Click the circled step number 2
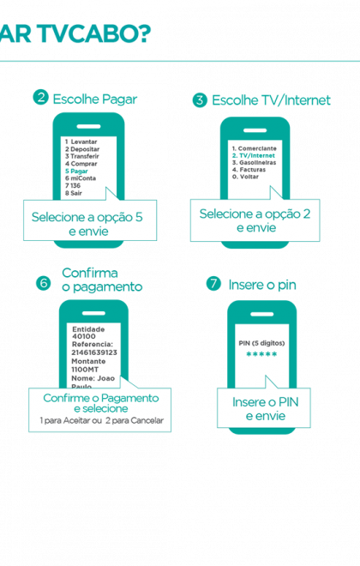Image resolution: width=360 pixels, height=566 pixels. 41,98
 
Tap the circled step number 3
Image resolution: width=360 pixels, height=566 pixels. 200,100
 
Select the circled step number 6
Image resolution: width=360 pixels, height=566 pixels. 44,283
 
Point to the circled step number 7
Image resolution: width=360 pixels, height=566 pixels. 213,284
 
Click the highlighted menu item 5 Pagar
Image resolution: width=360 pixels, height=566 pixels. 76,172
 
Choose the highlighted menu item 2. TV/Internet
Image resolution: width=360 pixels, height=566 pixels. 253,155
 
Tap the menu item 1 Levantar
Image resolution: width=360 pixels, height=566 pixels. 81,141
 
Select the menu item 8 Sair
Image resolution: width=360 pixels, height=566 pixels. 73,193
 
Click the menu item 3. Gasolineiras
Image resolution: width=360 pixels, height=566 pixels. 254,163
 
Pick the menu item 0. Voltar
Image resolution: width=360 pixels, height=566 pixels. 245,177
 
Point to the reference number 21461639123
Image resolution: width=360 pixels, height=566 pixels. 94,352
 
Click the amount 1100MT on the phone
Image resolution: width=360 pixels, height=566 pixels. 85,370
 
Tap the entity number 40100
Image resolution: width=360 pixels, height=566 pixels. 84,336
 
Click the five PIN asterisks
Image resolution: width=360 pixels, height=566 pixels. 261,354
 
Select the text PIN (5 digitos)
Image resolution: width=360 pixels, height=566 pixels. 261,343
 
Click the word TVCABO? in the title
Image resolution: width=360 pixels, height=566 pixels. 94,33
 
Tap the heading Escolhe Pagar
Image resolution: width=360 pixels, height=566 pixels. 95,99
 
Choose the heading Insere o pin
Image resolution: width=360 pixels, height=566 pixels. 262,285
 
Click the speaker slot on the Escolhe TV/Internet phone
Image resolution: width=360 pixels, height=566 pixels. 255,130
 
